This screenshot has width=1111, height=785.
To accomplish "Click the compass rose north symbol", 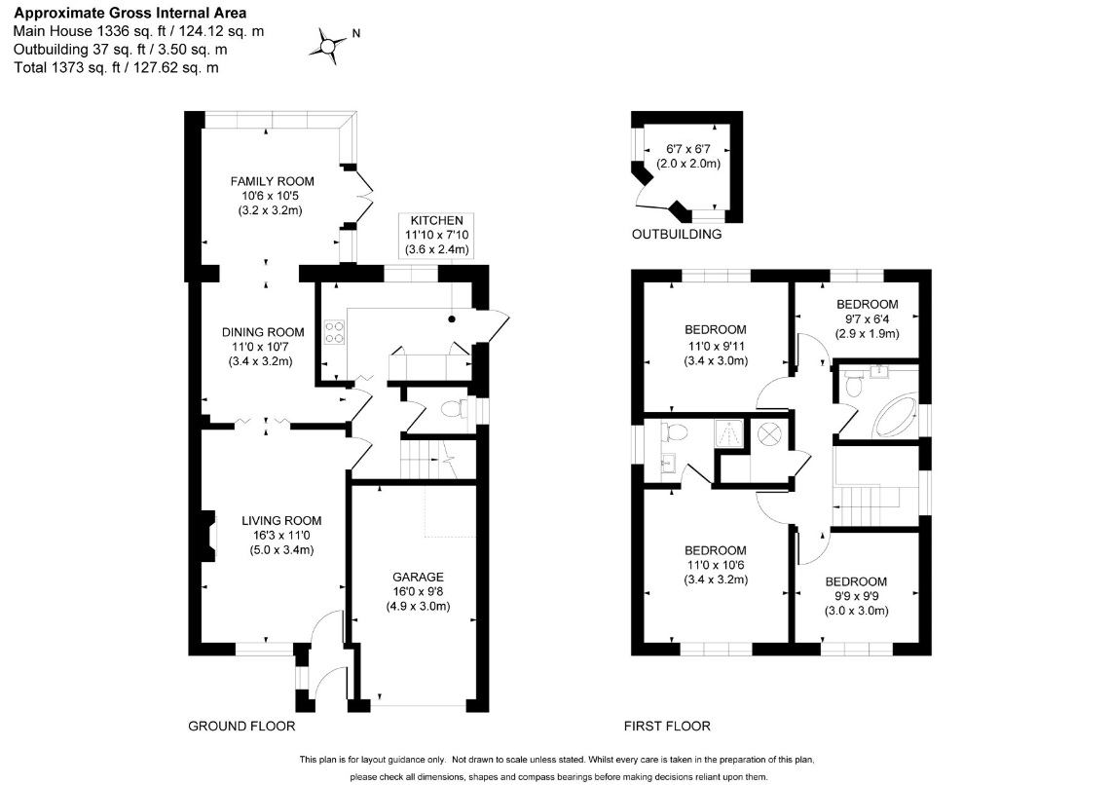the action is point(328,47).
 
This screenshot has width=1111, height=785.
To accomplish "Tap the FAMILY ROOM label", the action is point(272,181).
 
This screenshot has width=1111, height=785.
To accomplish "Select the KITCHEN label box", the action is point(436,236).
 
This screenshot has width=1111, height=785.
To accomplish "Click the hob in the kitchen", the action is point(334,332).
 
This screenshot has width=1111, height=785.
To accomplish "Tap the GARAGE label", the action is point(418,578).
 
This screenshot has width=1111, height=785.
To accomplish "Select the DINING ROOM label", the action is point(263,332).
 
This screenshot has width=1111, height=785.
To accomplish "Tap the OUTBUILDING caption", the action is point(677,234).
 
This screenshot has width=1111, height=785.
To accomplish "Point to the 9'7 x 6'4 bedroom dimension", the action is point(867,318).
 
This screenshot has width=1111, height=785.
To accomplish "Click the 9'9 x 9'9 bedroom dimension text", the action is point(856,597).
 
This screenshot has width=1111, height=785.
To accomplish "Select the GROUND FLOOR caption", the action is point(241,727).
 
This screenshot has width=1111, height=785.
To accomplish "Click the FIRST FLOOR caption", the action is point(667,727).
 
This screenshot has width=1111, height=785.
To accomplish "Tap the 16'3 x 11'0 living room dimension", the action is point(281,536).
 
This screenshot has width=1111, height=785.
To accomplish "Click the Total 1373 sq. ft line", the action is point(116,68).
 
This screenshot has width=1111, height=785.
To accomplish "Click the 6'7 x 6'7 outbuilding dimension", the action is point(688,149).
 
